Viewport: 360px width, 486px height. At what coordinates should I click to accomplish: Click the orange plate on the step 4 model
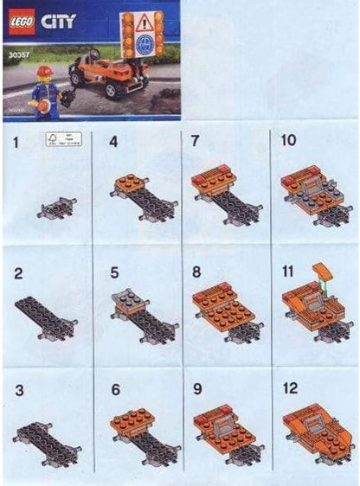[x=131, y=183]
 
